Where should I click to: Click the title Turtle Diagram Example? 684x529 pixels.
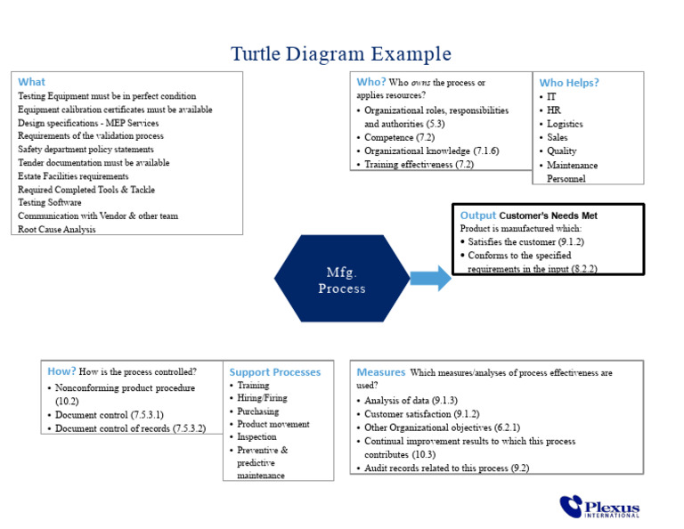click(341, 54)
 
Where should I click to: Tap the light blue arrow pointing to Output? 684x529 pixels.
click(432, 279)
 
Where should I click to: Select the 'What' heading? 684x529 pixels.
click(31, 82)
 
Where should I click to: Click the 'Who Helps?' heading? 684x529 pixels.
click(569, 83)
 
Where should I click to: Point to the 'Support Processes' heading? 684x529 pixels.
click(274, 372)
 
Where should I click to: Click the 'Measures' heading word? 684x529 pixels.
click(380, 372)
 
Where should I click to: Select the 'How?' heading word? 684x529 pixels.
click(61, 371)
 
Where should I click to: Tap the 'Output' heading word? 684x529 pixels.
click(478, 216)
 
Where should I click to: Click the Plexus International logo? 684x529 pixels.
click(599, 507)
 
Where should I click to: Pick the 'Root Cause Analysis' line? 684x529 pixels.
click(57, 229)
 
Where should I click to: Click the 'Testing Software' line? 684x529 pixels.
click(49, 202)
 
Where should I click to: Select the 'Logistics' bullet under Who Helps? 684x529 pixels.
click(565, 125)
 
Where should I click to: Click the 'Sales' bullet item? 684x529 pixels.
click(557, 138)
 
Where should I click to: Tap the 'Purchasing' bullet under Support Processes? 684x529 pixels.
click(257, 411)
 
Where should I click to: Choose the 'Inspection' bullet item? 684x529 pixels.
click(256, 437)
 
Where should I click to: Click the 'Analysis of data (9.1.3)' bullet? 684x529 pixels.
click(411, 401)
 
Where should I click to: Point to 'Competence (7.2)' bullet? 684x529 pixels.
click(401, 138)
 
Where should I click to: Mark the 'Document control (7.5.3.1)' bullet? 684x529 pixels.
click(109, 415)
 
